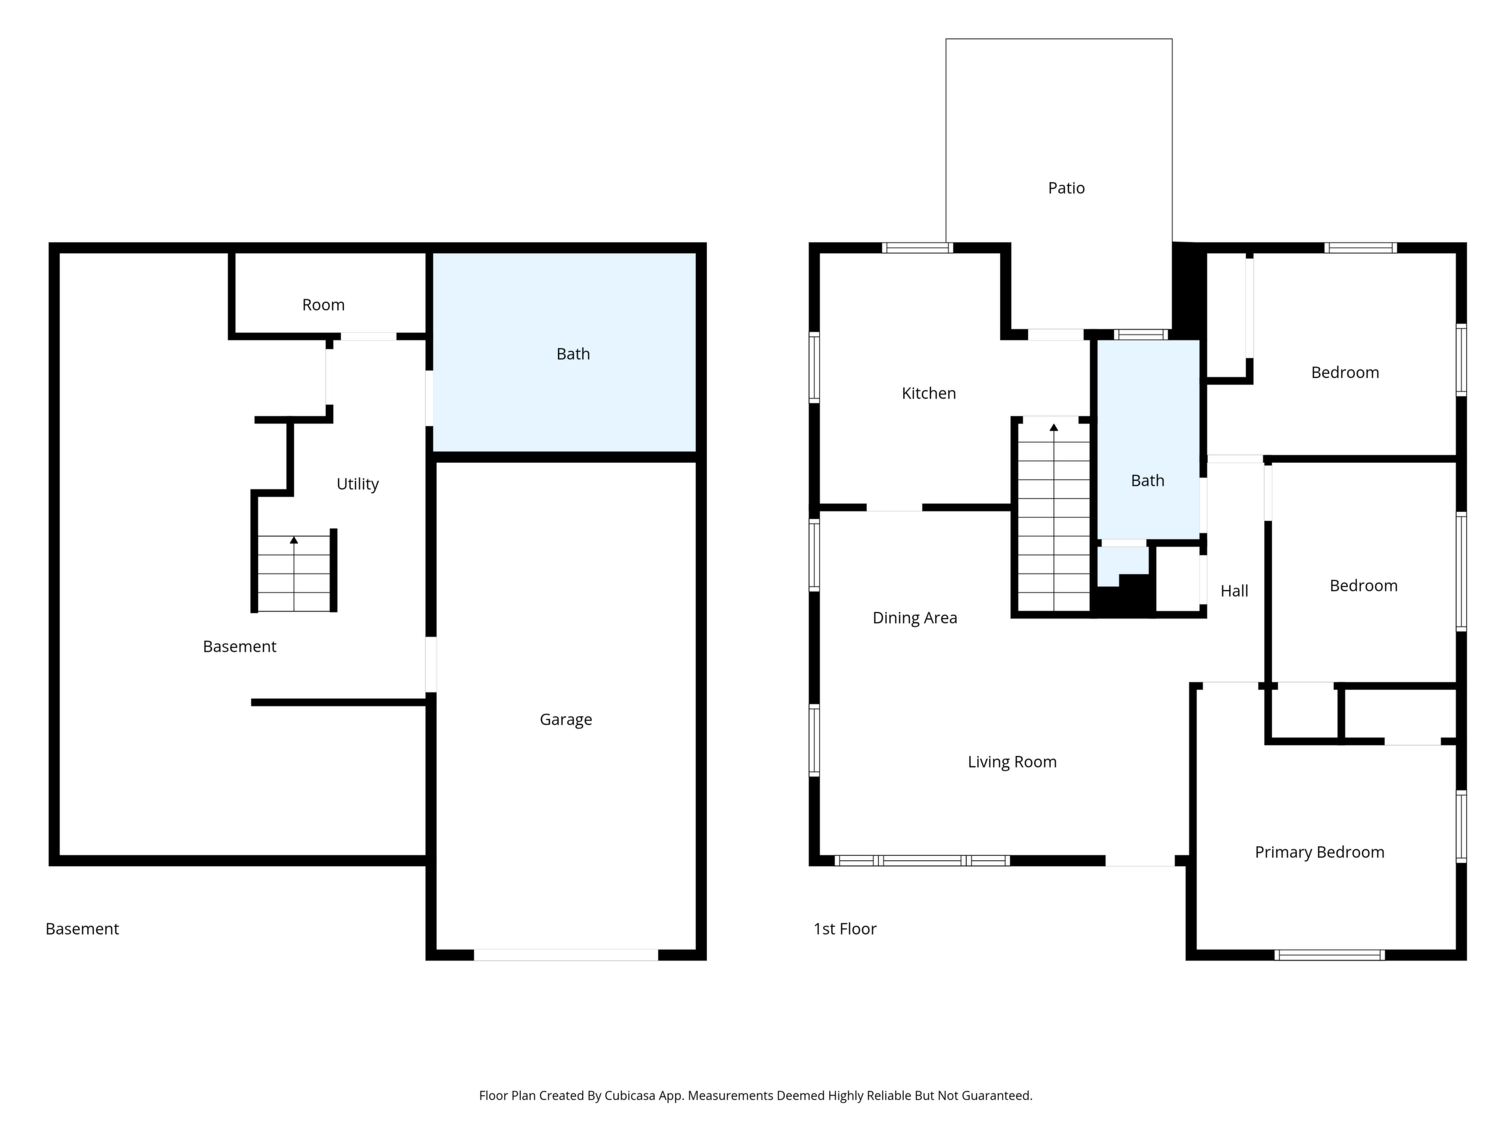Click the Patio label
click(1066, 188)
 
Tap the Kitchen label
click(928, 393)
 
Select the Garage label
click(565, 720)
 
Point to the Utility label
click(357, 485)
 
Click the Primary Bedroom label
click(1319, 852)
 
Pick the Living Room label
click(1012, 762)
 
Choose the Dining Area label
click(915, 618)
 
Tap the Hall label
click(1234, 591)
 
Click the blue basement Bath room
click(565, 353)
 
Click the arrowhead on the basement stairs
click(294, 540)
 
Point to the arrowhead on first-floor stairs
click(1053, 427)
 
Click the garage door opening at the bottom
click(566, 955)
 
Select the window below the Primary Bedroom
click(1330, 955)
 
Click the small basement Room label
click(323, 305)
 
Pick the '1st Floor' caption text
click(845, 929)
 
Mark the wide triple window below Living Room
click(921, 861)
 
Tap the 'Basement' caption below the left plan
click(82, 929)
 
